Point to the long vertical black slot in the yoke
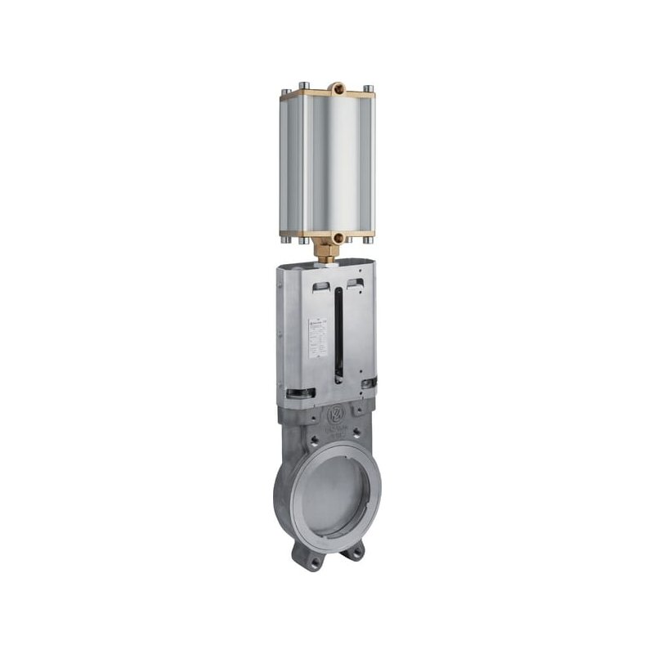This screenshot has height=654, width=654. pos(338,335)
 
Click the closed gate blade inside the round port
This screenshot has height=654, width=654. pos(337,495)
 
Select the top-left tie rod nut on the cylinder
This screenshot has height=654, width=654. pos(303,86)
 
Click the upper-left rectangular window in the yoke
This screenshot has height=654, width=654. pos(321,286)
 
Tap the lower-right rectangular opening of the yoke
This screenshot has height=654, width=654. pos(367,383)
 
